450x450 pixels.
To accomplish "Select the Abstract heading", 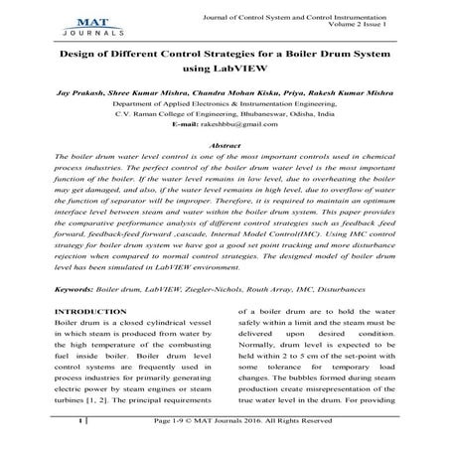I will pyautogui.click(x=224, y=145).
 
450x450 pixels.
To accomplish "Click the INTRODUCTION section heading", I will pyautogui.click(x=97, y=312).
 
